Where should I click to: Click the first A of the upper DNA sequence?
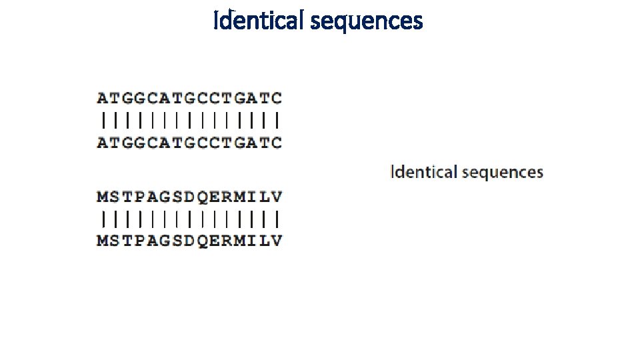pyautogui.click(x=103, y=98)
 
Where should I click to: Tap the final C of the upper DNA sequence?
pyautogui.click(x=276, y=98)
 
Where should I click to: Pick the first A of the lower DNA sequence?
pyautogui.click(x=103, y=142)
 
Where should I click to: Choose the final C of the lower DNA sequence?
pyautogui.click(x=276, y=142)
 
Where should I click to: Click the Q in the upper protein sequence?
pyautogui.click(x=202, y=197)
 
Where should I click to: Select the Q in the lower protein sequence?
pyautogui.click(x=202, y=241)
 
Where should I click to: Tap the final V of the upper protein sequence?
pyautogui.click(x=276, y=197)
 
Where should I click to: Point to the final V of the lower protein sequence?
pyautogui.click(x=276, y=241)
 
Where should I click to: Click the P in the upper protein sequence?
pyautogui.click(x=140, y=197)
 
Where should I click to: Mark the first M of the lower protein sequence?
pyautogui.click(x=103, y=241)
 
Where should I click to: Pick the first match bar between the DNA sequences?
pyautogui.click(x=103, y=120)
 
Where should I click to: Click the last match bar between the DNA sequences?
pyautogui.click(x=276, y=120)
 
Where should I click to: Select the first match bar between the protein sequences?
pyautogui.click(x=103, y=219)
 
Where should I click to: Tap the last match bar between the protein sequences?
pyautogui.click(x=276, y=219)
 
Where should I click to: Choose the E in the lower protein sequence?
pyautogui.click(x=214, y=241)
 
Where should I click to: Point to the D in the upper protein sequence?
pyautogui.click(x=189, y=197)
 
